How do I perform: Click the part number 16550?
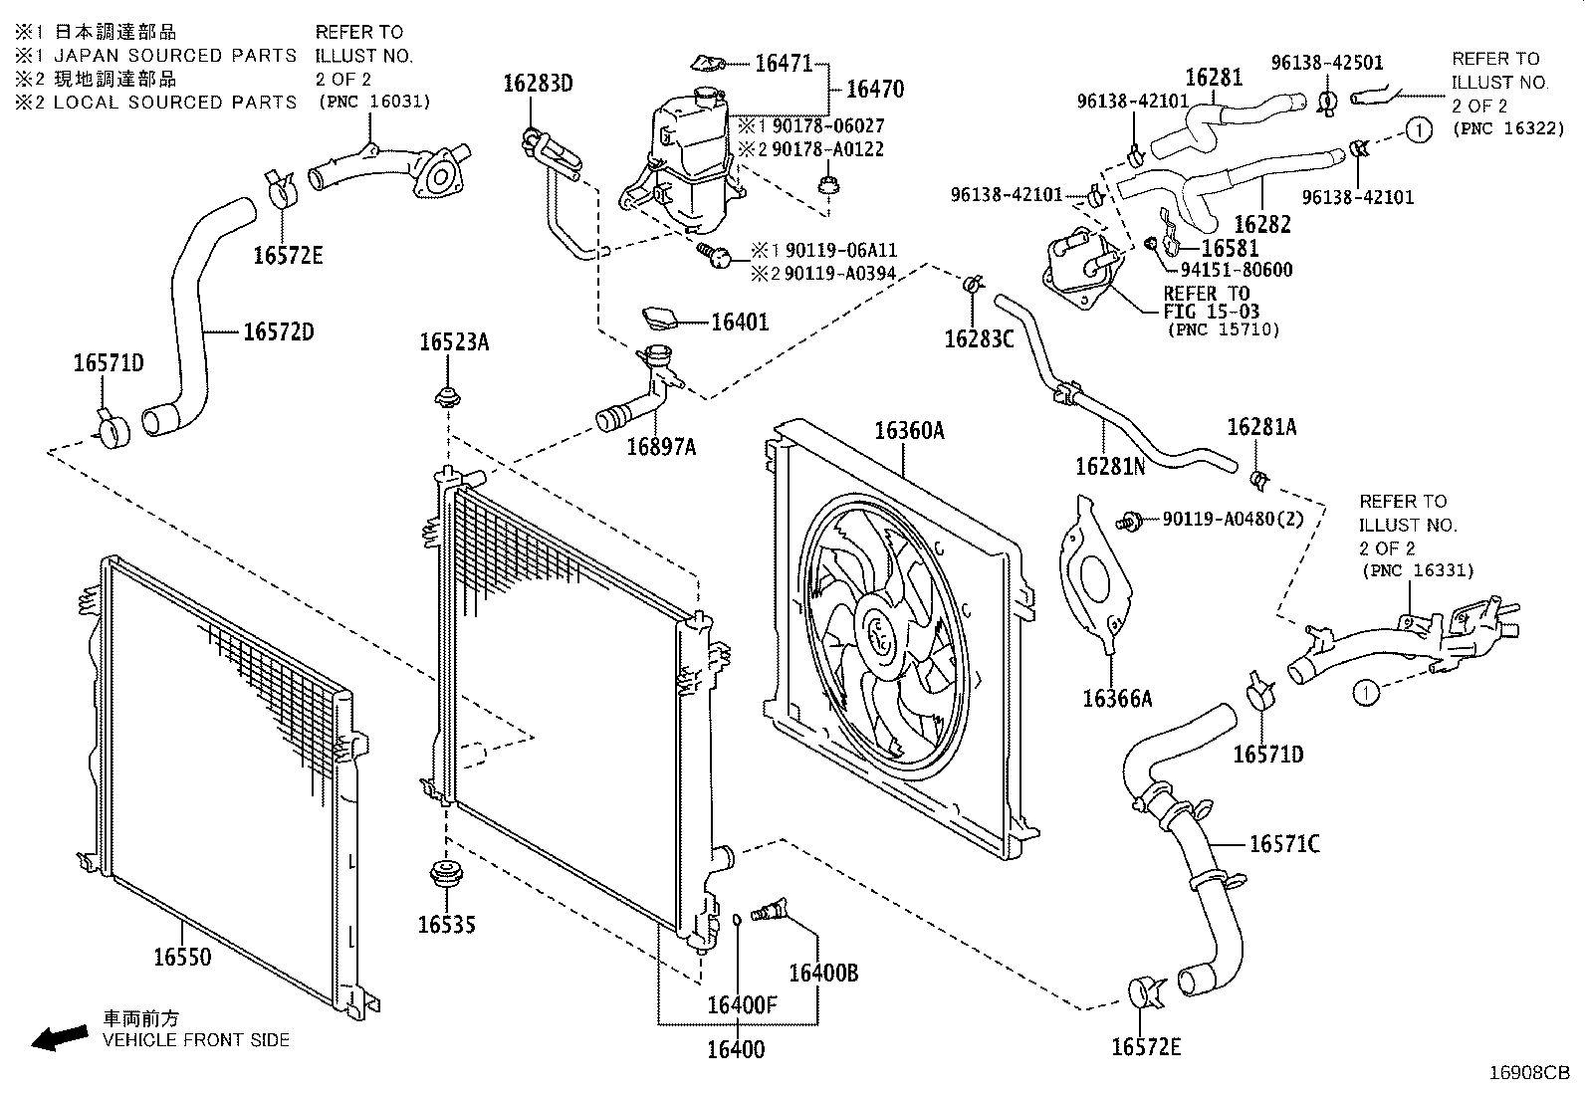(182, 957)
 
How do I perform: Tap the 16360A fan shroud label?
(909, 431)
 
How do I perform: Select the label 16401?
(740, 323)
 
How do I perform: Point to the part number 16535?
(446, 925)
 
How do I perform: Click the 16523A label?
(454, 342)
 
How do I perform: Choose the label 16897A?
(661, 447)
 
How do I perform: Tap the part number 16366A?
(1117, 699)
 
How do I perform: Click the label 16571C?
(1284, 844)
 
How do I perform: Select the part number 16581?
(1230, 248)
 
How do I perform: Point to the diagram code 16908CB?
(1529, 1073)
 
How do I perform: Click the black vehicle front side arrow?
(59, 1037)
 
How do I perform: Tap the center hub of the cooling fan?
(881, 633)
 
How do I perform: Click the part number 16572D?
(279, 331)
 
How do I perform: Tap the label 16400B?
(822, 973)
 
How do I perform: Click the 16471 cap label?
(785, 64)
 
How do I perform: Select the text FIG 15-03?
(1212, 312)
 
